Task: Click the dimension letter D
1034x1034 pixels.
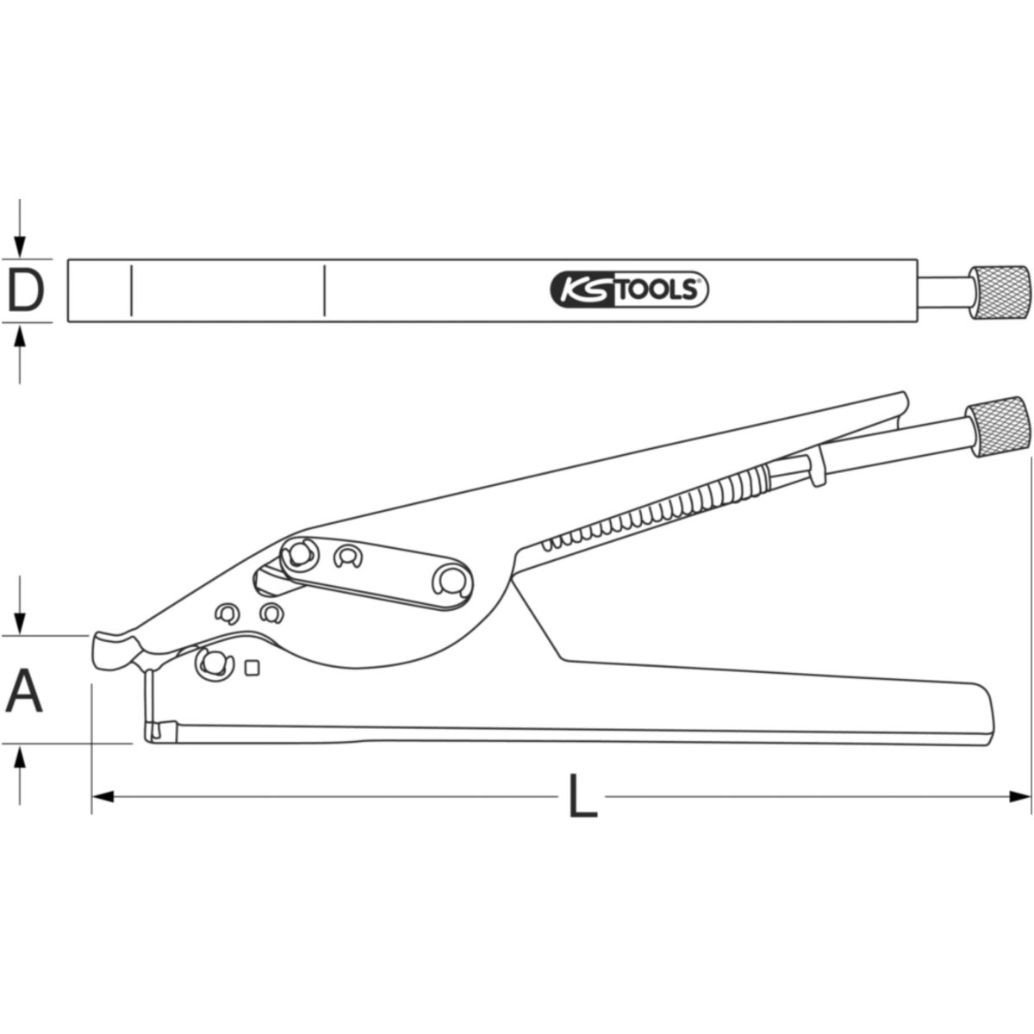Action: [x=26, y=290]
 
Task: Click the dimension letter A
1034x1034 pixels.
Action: [x=23, y=690]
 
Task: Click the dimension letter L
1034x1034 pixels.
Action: [x=583, y=796]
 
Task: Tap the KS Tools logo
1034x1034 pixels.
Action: [x=629, y=290]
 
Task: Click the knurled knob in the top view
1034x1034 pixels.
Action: [x=1000, y=291]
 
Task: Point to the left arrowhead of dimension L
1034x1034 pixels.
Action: [x=103, y=796]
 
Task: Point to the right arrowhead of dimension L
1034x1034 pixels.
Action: [x=1019, y=796]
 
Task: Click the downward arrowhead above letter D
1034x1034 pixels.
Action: [x=20, y=247]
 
